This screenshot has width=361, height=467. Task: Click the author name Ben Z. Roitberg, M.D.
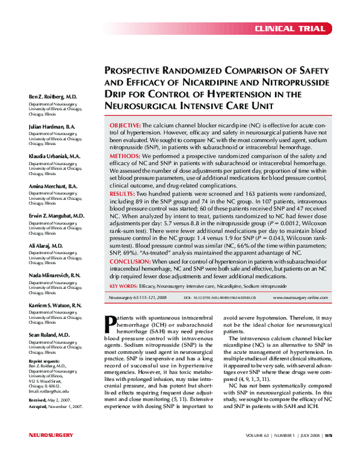[x=53, y=96]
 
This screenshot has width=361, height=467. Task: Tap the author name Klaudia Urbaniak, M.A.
[x=55, y=155]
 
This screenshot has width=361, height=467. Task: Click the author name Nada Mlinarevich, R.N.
[x=55, y=275]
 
